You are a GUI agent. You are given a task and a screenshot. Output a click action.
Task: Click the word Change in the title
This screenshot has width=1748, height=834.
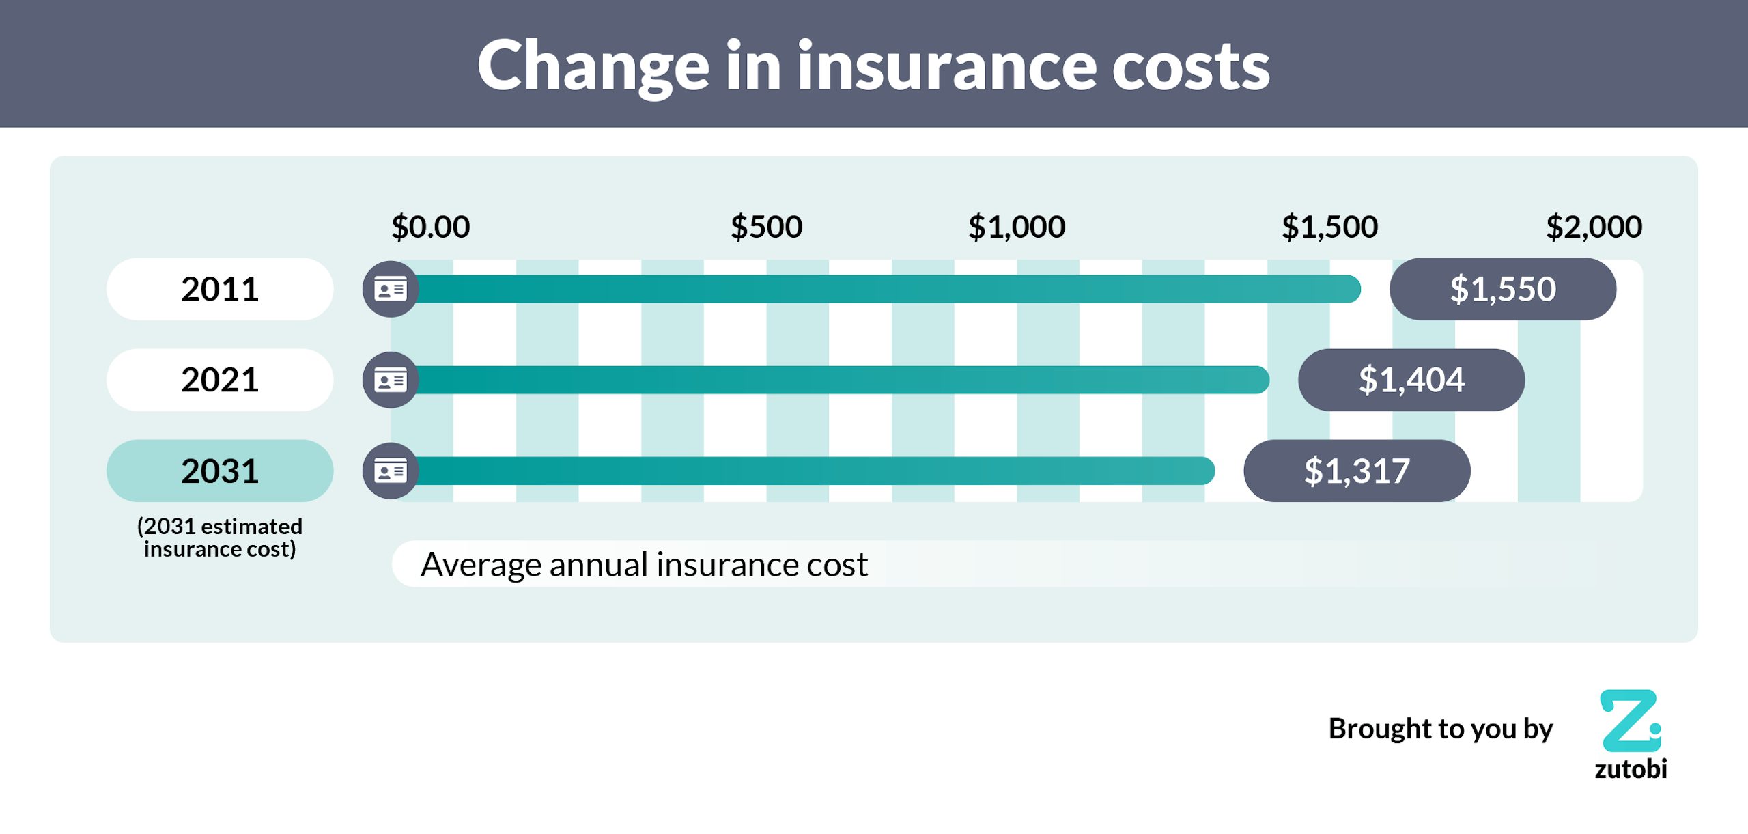(593, 66)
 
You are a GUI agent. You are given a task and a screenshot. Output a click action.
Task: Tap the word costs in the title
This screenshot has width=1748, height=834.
(1191, 66)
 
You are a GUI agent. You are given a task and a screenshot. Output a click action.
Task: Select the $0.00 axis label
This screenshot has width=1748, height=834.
(430, 227)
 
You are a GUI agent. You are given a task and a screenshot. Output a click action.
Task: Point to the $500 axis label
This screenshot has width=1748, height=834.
(766, 227)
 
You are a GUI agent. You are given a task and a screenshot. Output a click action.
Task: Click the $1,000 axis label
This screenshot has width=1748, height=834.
(1017, 227)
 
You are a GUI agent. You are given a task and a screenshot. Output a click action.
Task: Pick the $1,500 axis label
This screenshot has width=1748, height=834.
(1329, 227)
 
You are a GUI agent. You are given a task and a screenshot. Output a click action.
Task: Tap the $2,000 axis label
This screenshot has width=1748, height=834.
(1594, 227)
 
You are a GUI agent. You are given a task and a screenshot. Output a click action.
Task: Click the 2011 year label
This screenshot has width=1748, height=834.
(220, 289)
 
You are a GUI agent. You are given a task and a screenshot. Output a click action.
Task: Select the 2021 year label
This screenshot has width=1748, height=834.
(220, 380)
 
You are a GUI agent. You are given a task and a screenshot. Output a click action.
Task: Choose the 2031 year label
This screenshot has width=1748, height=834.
(220, 471)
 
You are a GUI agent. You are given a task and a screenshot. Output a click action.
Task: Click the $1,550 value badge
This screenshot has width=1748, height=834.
(1502, 289)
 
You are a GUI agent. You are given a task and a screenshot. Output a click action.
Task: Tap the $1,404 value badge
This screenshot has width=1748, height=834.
(1411, 380)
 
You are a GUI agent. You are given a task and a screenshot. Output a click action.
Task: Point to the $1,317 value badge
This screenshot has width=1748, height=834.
(1357, 471)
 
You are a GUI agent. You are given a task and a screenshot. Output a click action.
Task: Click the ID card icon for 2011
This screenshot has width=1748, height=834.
(391, 289)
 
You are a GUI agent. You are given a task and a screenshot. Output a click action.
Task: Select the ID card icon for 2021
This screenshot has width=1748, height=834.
(391, 380)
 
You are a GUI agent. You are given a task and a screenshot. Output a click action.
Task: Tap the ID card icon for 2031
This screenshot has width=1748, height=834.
(391, 471)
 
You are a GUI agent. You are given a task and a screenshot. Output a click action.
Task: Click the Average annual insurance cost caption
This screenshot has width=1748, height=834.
(644, 565)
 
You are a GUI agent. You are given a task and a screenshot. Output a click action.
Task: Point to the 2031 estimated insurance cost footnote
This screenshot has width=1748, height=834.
(220, 538)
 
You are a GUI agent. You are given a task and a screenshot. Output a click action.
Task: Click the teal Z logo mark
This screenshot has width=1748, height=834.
(1630, 721)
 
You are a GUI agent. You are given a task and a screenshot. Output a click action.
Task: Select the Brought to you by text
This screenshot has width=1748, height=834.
(1440, 729)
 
